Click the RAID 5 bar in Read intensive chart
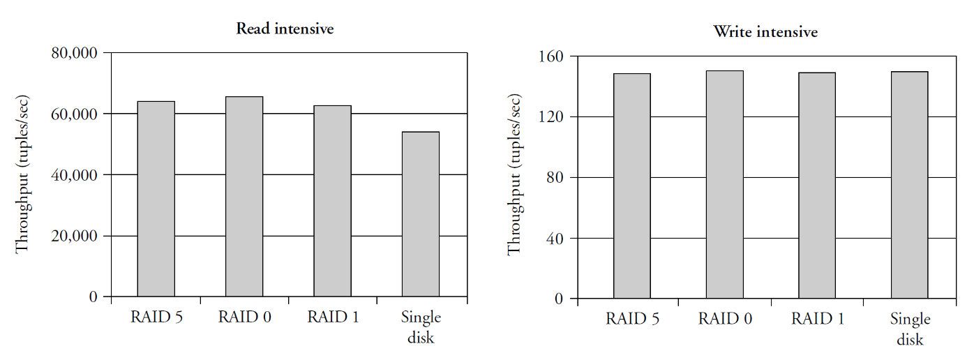156,199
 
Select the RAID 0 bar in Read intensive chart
244,197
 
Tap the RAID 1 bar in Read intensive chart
332,201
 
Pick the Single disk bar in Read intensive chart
421,214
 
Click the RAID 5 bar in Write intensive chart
632,186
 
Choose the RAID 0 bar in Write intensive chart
724,185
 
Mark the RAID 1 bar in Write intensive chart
817,186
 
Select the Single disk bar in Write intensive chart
910,185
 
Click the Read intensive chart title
285,29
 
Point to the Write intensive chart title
765,32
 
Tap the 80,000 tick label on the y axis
75,53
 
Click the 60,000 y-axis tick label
75,114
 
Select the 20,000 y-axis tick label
75,236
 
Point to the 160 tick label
552,56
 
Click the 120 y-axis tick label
552,117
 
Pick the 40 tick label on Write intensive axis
556,239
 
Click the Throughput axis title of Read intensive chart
23,174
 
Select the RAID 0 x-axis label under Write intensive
725,320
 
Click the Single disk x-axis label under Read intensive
421,327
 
